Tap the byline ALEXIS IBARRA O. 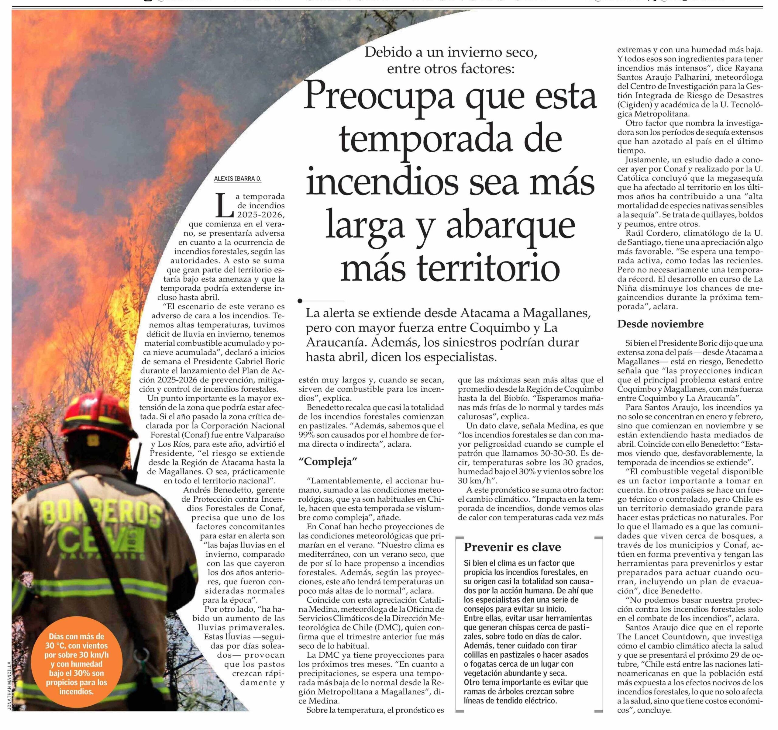[237, 179]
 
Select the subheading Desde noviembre [660, 324]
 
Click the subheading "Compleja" [328, 462]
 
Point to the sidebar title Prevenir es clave [512, 547]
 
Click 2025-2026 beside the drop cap [260, 214]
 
